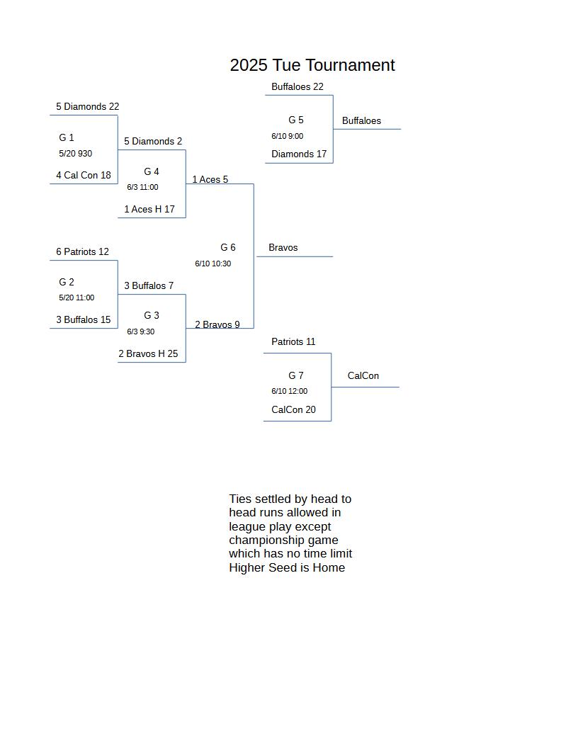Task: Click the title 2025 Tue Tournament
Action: coord(312,65)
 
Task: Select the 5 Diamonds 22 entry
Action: coord(88,106)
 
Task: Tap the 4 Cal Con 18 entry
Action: coord(84,175)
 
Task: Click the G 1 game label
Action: coord(67,137)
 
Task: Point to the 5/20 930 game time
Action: coord(75,154)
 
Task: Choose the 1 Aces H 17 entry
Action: coord(149,209)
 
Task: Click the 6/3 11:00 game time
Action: coord(142,187)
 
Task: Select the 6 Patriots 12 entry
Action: coord(82,251)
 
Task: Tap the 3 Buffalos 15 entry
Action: coord(84,319)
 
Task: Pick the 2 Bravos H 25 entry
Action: coord(148,353)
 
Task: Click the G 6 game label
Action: coord(228,247)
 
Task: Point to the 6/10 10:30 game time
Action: coord(212,263)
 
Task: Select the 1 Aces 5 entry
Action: coord(210,179)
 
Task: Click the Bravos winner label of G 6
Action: coord(283,248)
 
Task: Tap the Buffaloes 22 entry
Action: coord(297,86)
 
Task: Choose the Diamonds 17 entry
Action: coord(299,154)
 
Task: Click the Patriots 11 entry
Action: coord(293,341)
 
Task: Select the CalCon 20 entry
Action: coord(293,409)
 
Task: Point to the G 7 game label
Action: coord(295,375)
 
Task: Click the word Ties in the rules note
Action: coord(240,499)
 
